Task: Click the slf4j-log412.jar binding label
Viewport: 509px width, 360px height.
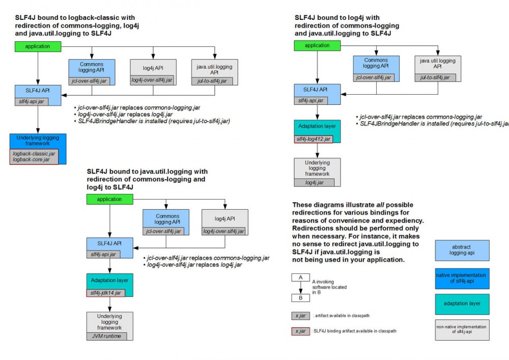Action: pyautogui.click(x=314, y=139)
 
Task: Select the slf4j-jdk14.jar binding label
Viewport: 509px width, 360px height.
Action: pyautogui.click(x=106, y=292)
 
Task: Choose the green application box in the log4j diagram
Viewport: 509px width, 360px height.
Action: pyautogui.click(x=318, y=45)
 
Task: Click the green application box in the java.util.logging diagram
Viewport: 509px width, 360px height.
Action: pyautogui.click(x=109, y=199)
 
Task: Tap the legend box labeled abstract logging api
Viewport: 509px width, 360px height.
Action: pyautogui.click(x=462, y=250)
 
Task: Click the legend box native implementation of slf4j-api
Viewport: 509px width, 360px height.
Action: pyautogui.click(x=462, y=278)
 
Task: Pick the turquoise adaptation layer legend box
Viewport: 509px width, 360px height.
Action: pyautogui.click(x=462, y=303)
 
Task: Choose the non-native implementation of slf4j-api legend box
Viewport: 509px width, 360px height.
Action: pyautogui.click(x=462, y=330)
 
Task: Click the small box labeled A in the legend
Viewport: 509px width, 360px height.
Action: pyautogui.click(x=301, y=278)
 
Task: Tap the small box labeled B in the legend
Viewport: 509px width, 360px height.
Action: pyautogui.click(x=301, y=298)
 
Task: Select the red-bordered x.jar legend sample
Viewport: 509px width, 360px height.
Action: pyautogui.click(x=300, y=331)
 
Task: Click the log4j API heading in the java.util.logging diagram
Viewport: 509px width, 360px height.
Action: pyautogui.click(x=224, y=218)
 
